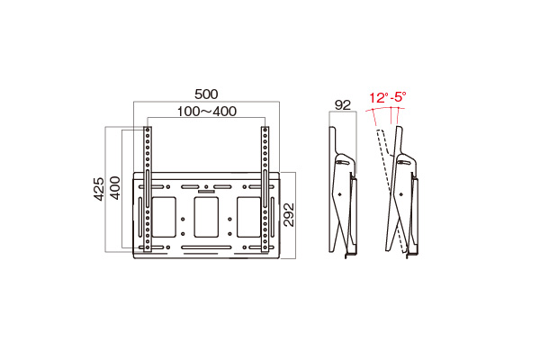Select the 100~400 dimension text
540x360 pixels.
pos(206,111)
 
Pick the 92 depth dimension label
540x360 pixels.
pos(342,104)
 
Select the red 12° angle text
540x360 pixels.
pos(377,96)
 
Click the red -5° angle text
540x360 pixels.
pos(397,96)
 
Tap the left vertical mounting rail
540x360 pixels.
pos(148,189)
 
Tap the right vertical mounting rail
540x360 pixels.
pos(265,189)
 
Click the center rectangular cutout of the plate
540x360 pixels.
pos(206,217)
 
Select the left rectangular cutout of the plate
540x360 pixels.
pos(163,217)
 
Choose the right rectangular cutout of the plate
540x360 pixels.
pos(248,217)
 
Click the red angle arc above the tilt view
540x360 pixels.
pos(387,109)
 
